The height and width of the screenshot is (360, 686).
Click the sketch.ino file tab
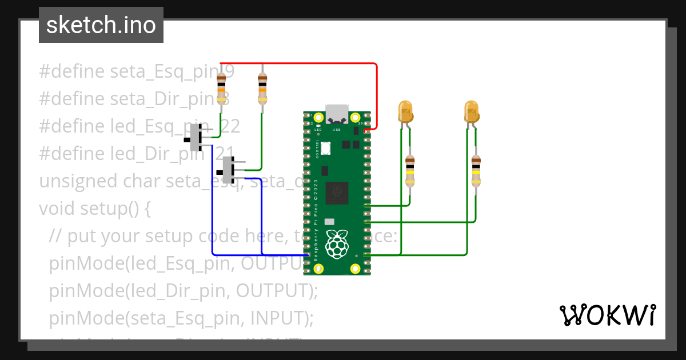click(101, 25)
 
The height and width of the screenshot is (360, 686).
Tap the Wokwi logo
click(607, 315)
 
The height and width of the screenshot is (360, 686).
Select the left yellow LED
click(405, 112)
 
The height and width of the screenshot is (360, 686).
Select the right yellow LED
click(471, 112)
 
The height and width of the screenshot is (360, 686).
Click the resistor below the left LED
click(409, 171)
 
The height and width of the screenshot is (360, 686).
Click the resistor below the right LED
click(476, 171)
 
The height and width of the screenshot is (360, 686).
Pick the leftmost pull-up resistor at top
click(221, 89)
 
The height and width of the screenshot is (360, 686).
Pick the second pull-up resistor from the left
click(262, 89)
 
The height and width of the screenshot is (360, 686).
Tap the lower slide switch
click(229, 170)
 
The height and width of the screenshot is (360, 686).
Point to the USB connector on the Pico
click(337, 115)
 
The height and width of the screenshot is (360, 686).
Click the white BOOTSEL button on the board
click(326, 149)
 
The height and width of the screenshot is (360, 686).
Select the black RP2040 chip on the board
click(337, 193)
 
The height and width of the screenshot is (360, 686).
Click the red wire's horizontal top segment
click(297, 63)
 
